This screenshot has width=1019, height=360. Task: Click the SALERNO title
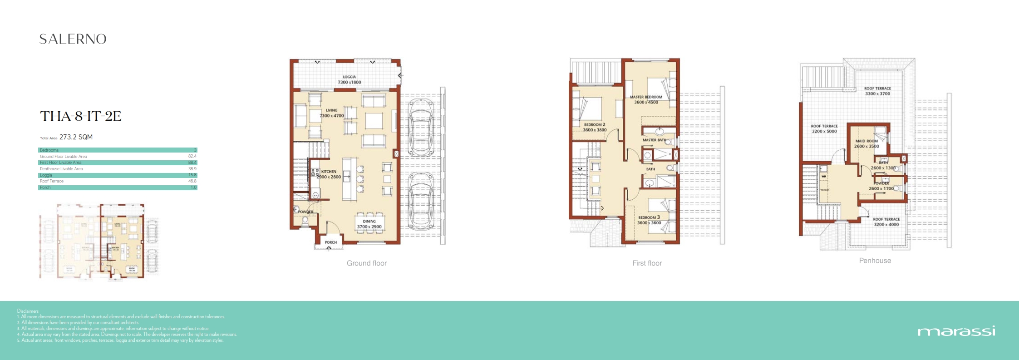point(73,39)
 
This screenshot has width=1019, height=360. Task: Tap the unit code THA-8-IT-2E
point(81,116)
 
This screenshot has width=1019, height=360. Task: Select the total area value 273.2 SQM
point(76,137)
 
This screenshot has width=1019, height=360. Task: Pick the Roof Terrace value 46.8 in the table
point(192,181)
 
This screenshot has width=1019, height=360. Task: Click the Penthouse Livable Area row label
point(61,169)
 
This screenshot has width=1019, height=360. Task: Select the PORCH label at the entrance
point(330,242)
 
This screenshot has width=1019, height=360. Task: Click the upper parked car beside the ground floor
point(421,128)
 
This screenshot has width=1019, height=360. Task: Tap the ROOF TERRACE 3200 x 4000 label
point(886,222)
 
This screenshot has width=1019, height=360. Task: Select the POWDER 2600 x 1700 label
point(881,186)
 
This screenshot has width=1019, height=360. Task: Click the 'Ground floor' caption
point(366,263)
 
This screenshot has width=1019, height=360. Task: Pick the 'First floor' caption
point(647,263)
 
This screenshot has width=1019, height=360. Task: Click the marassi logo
point(956,331)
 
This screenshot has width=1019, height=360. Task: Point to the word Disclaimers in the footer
point(28,311)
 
